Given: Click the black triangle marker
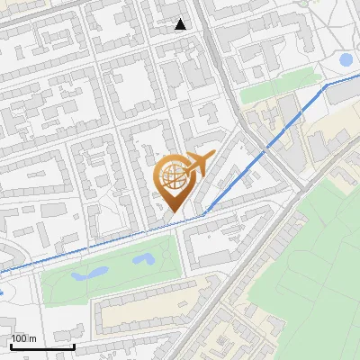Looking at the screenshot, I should pyautogui.click(x=181, y=24).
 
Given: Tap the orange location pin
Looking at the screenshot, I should pyautogui.click(x=176, y=181).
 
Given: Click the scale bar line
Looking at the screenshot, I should pyautogui.click(x=42, y=346).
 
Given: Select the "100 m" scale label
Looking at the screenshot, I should pyautogui.click(x=24, y=338).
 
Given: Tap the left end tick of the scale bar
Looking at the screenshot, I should pyautogui.click(x=11, y=345).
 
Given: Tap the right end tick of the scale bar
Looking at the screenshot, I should pyautogui.click(x=74, y=345).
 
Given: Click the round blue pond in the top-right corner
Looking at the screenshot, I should pyautogui.click(x=346, y=60).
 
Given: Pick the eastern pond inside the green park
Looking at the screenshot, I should pyautogui.click(x=142, y=259).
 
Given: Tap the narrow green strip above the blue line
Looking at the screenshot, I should pyautogui.click(x=270, y=93).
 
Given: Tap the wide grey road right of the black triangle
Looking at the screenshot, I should pyautogui.click(x=212, y=54).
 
